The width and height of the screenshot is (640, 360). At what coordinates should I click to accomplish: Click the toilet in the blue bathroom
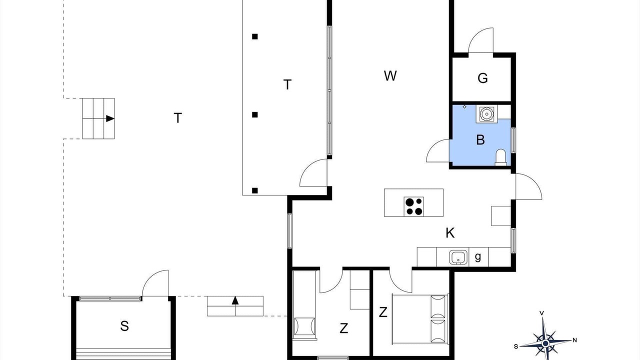point(500,157)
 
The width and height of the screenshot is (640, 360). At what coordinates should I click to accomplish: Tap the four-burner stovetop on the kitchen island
point(413,206)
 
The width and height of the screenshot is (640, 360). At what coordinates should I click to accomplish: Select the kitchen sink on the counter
point(458,257)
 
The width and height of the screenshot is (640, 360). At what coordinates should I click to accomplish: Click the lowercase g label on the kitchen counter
point(477,257)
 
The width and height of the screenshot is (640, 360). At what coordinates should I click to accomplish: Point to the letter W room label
point(390,75)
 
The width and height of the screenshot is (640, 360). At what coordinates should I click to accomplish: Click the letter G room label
point(482,78)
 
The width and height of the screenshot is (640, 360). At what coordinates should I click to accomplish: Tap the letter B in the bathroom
point(480,140)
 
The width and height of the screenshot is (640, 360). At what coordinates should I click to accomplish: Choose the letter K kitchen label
point(450,233)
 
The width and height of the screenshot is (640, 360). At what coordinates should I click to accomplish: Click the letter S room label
point(124,326)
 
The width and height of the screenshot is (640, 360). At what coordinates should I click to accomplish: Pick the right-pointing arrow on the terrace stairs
point(110,118)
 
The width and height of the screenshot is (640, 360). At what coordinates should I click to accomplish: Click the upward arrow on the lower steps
point(235,300)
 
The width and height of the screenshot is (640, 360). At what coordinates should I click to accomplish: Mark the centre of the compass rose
point(545,343)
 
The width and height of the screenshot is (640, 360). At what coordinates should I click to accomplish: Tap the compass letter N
point(575,340)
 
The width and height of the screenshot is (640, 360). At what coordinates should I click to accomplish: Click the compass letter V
point(541,313)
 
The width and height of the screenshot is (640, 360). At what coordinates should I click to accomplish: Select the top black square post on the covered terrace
point(255,36)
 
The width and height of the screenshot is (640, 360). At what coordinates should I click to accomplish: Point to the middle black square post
point(255,114)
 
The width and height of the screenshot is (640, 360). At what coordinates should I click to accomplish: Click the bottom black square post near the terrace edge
point(255,190)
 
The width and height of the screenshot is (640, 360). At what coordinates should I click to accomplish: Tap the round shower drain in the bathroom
point(486,113)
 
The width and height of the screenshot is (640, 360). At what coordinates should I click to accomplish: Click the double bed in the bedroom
point(420,318)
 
